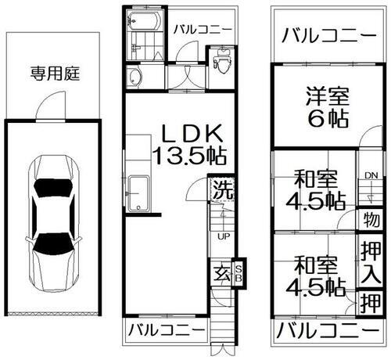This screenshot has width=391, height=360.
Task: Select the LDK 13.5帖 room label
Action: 185,142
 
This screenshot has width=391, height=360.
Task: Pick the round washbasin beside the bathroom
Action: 135,77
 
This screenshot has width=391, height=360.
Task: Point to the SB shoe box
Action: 239,272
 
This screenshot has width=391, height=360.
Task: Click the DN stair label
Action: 370,176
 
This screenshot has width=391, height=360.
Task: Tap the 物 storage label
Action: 370,220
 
